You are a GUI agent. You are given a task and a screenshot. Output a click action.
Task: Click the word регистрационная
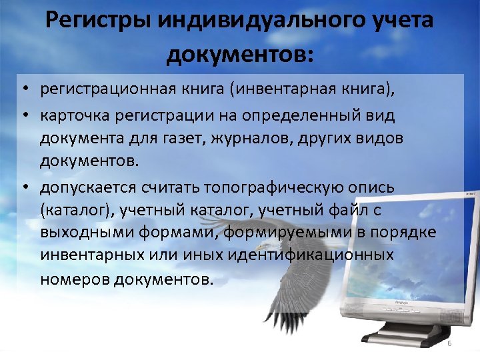pos(107,90)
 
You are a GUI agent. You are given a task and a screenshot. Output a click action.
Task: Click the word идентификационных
pos(318,255)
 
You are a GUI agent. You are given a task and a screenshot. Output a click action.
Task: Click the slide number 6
pos(449,343)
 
